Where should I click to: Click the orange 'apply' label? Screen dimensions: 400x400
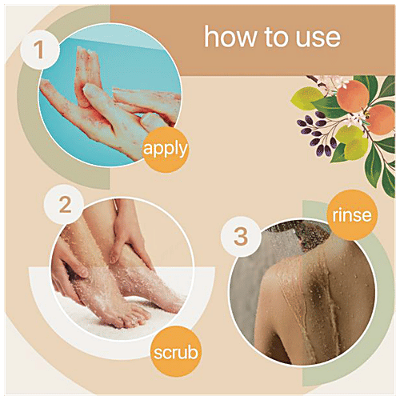click(x=166, y=150)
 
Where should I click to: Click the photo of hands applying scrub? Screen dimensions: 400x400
click(x=104, y=88)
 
